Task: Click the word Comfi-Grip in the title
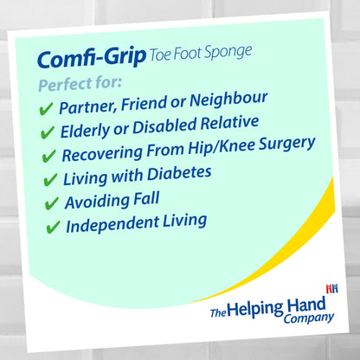click(x=90, y=59)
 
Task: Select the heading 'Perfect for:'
click(x=80, y=85)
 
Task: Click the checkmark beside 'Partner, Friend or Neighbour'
click(x=47, y=110)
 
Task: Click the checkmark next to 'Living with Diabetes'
click(x=51, y=181)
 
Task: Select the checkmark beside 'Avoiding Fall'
click(x=53, y=205)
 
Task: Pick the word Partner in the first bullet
click(x=87, y=106)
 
